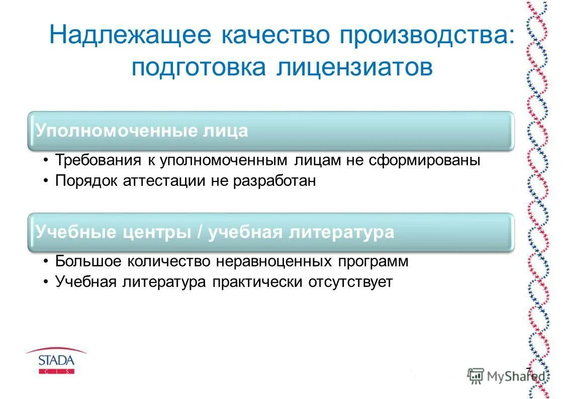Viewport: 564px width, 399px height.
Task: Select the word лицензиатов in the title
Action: tap(354, 67)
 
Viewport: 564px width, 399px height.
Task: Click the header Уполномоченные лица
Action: tap(142, 131)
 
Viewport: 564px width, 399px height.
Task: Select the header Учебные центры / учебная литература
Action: tap(215, 232)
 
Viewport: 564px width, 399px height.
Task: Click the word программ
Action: tap(373, 261)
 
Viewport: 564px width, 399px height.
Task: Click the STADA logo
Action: tap(56, 361)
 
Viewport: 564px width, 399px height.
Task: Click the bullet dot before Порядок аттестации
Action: tap(46, 181)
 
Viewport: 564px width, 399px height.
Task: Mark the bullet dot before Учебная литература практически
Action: tap(46, 282)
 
